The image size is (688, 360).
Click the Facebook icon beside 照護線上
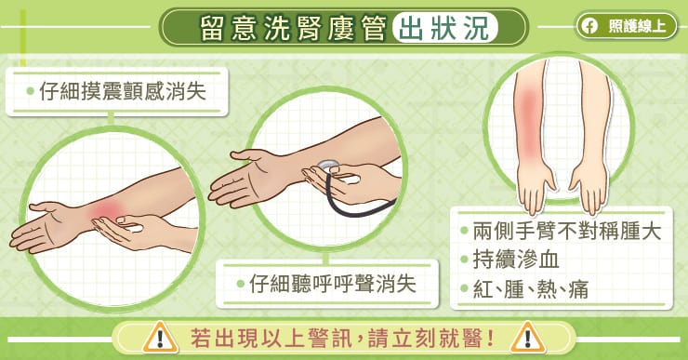pos(590,26)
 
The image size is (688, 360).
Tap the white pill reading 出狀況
pos(445,28)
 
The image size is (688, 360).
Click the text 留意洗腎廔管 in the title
pos(293,28)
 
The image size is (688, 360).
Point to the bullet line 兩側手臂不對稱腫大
pos(561,232)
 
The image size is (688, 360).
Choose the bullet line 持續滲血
pos(509,260)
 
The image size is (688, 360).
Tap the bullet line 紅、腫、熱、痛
pos(524,289)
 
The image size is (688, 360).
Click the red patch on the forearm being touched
pos(107,211)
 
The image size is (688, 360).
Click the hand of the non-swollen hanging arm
pos(589,190)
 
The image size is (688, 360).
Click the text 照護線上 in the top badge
pos(637,26)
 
